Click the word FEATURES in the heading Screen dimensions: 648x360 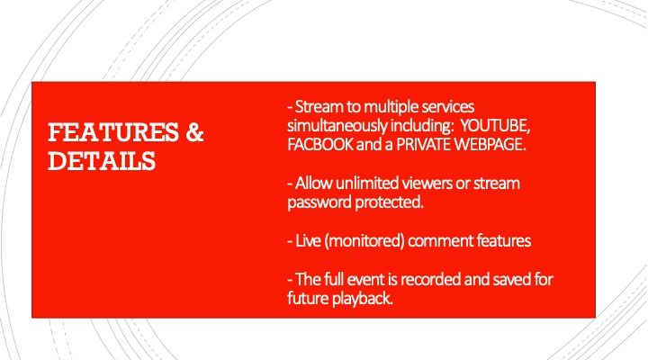pos(113,132)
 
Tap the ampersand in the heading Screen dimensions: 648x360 pos(194,132)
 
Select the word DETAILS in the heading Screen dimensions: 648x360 pos(102,161)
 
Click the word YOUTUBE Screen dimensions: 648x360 pos(495,126)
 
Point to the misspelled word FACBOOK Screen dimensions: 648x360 pos(320,144)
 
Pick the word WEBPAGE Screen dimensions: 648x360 pos(490,144)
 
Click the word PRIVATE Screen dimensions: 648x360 pos(424,144)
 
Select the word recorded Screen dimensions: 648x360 pos(431,280)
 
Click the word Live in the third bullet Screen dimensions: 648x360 pos(308,241)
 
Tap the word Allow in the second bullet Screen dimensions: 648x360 pos(314,183)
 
